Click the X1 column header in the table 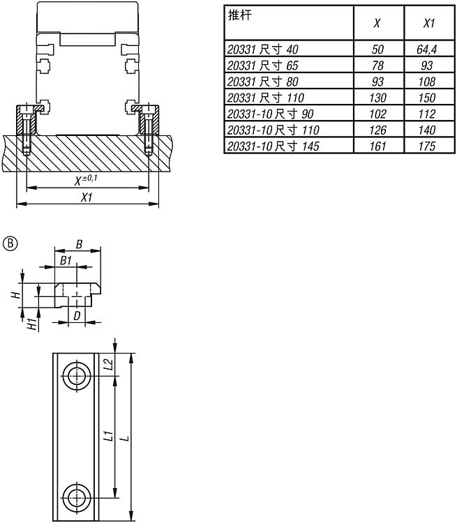(x=429, y=23)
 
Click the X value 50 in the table (x=377, y=50)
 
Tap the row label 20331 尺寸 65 (x=262, y=66)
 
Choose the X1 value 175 (x=427, y=146)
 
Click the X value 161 (x=377, y=146)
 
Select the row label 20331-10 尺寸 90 (x=270, y=114)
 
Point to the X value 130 (x=377, y=98)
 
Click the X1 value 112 (x=427, y=114)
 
